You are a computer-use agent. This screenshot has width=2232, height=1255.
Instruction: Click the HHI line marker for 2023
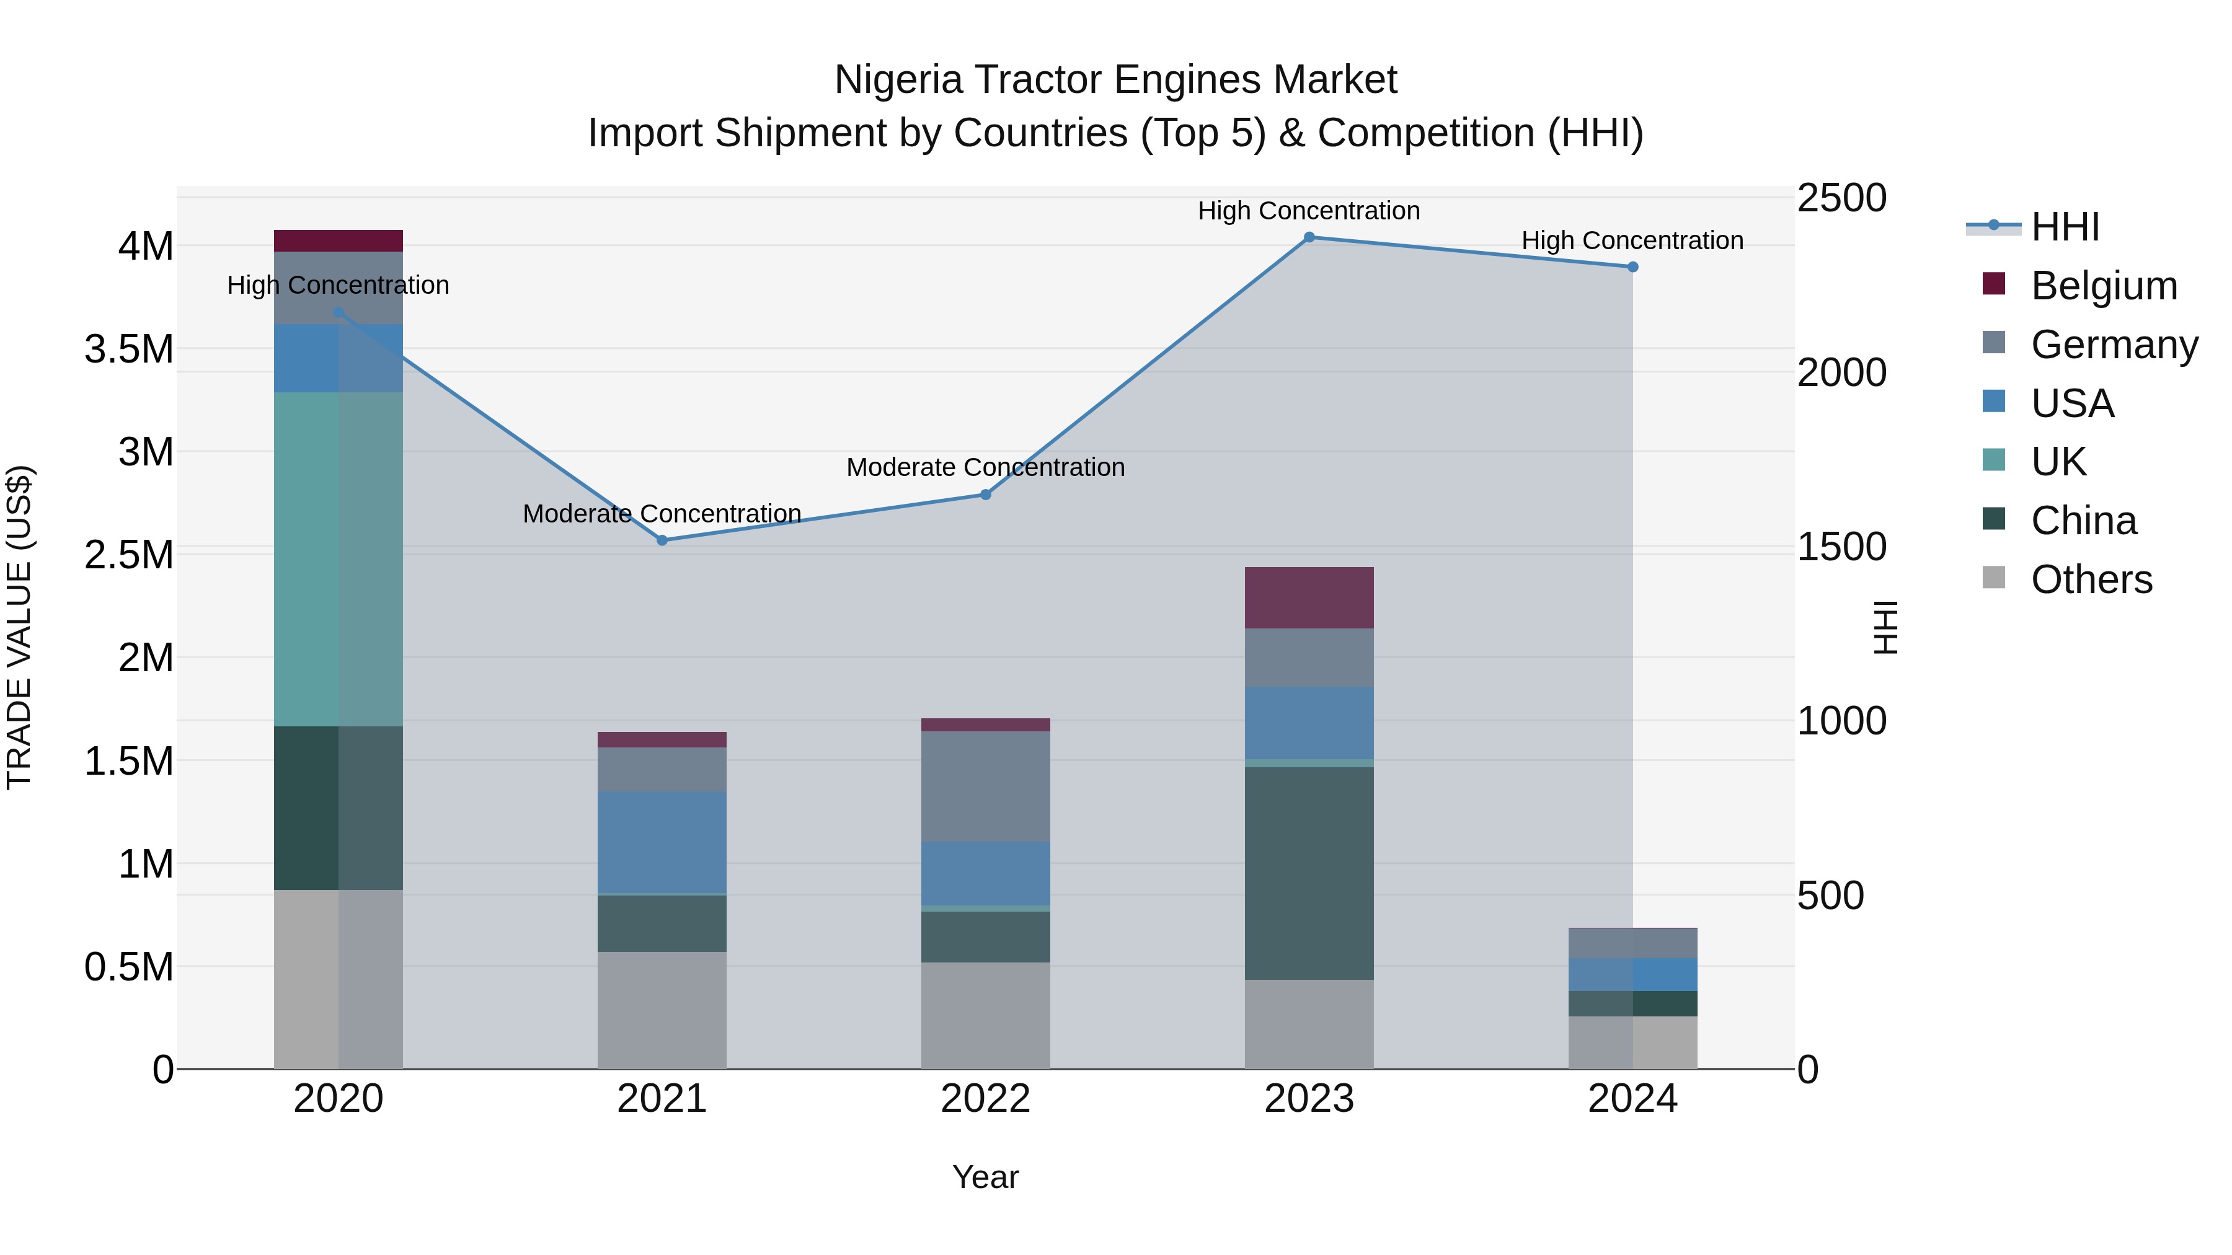pyautogui.click(x=1309, y=237)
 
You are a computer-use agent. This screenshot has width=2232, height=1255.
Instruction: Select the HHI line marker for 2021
pyautogui.click(x=662, y=540)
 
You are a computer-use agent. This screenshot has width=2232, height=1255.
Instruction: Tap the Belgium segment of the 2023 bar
pyautogui.click(x=1309, y=597)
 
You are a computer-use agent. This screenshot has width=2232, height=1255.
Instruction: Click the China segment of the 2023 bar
pyautogui.click(x=1309, y=873)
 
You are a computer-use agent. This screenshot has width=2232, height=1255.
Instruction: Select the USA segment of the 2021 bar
pyautogui.click(x=662, y=842)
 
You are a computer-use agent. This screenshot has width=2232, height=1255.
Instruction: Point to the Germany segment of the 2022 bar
pyautogui.click(x=985, y=786)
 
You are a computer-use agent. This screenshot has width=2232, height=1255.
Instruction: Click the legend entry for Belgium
pyautogui.click(x=2103, y=286)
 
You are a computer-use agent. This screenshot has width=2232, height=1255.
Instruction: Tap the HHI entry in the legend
pyautogui.click(x=2065, y=227)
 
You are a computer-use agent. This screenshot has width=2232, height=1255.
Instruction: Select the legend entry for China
pyautogui.click(x=2083, y=521)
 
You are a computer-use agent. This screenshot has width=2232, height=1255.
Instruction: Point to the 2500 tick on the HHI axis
pyautogui.click(x=1841, y=198)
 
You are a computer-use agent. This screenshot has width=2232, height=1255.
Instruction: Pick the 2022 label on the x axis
pyautogui.click(x=985, y=1099)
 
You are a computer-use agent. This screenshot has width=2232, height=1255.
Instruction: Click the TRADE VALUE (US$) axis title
pyautogui.click(x=20, y=627)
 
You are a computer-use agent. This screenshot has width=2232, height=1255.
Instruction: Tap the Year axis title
pyautogui.click(x=985, y=1177)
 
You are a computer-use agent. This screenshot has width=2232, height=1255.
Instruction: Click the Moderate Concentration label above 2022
pyautogui.click(x=985, y=468)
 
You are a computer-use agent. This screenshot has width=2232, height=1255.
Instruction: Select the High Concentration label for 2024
pyautogui.click(x=1632, y=241)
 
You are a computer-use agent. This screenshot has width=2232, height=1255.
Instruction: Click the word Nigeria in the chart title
pyautogui.click(x=898, y=81)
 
